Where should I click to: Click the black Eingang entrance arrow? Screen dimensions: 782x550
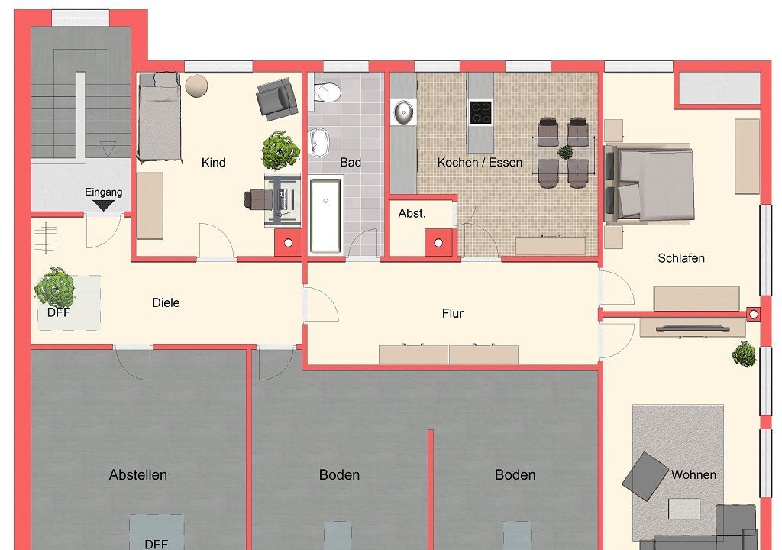[x=103, y=205]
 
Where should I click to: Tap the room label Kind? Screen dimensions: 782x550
[x=214, y=163]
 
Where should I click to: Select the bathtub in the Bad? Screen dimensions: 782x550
[x=325, y=216]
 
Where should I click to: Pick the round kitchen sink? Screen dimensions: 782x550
[x=404, y=112]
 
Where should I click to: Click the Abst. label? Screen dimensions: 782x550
[x=412, y=214]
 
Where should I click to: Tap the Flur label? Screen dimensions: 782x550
[x=452, y=313]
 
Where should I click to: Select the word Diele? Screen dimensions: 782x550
[x=166, y=303]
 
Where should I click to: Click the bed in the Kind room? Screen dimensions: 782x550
[x=159, y=118]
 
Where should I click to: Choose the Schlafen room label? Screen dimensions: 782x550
[x=680, y=258]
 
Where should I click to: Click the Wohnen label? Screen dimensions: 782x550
[x=693, y=474]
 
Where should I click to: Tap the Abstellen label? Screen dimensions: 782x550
[x=138, y=474]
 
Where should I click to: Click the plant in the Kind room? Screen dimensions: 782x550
[x=280, y=150]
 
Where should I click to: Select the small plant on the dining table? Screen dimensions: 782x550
[x=565, y=152]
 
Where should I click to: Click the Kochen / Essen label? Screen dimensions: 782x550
[x=480, y=163]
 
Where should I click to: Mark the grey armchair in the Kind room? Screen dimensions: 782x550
[x=276, y=99]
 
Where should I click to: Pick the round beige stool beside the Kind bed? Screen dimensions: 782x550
[x=196, y=86]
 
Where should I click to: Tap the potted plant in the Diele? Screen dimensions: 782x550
[x=55, y=287]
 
